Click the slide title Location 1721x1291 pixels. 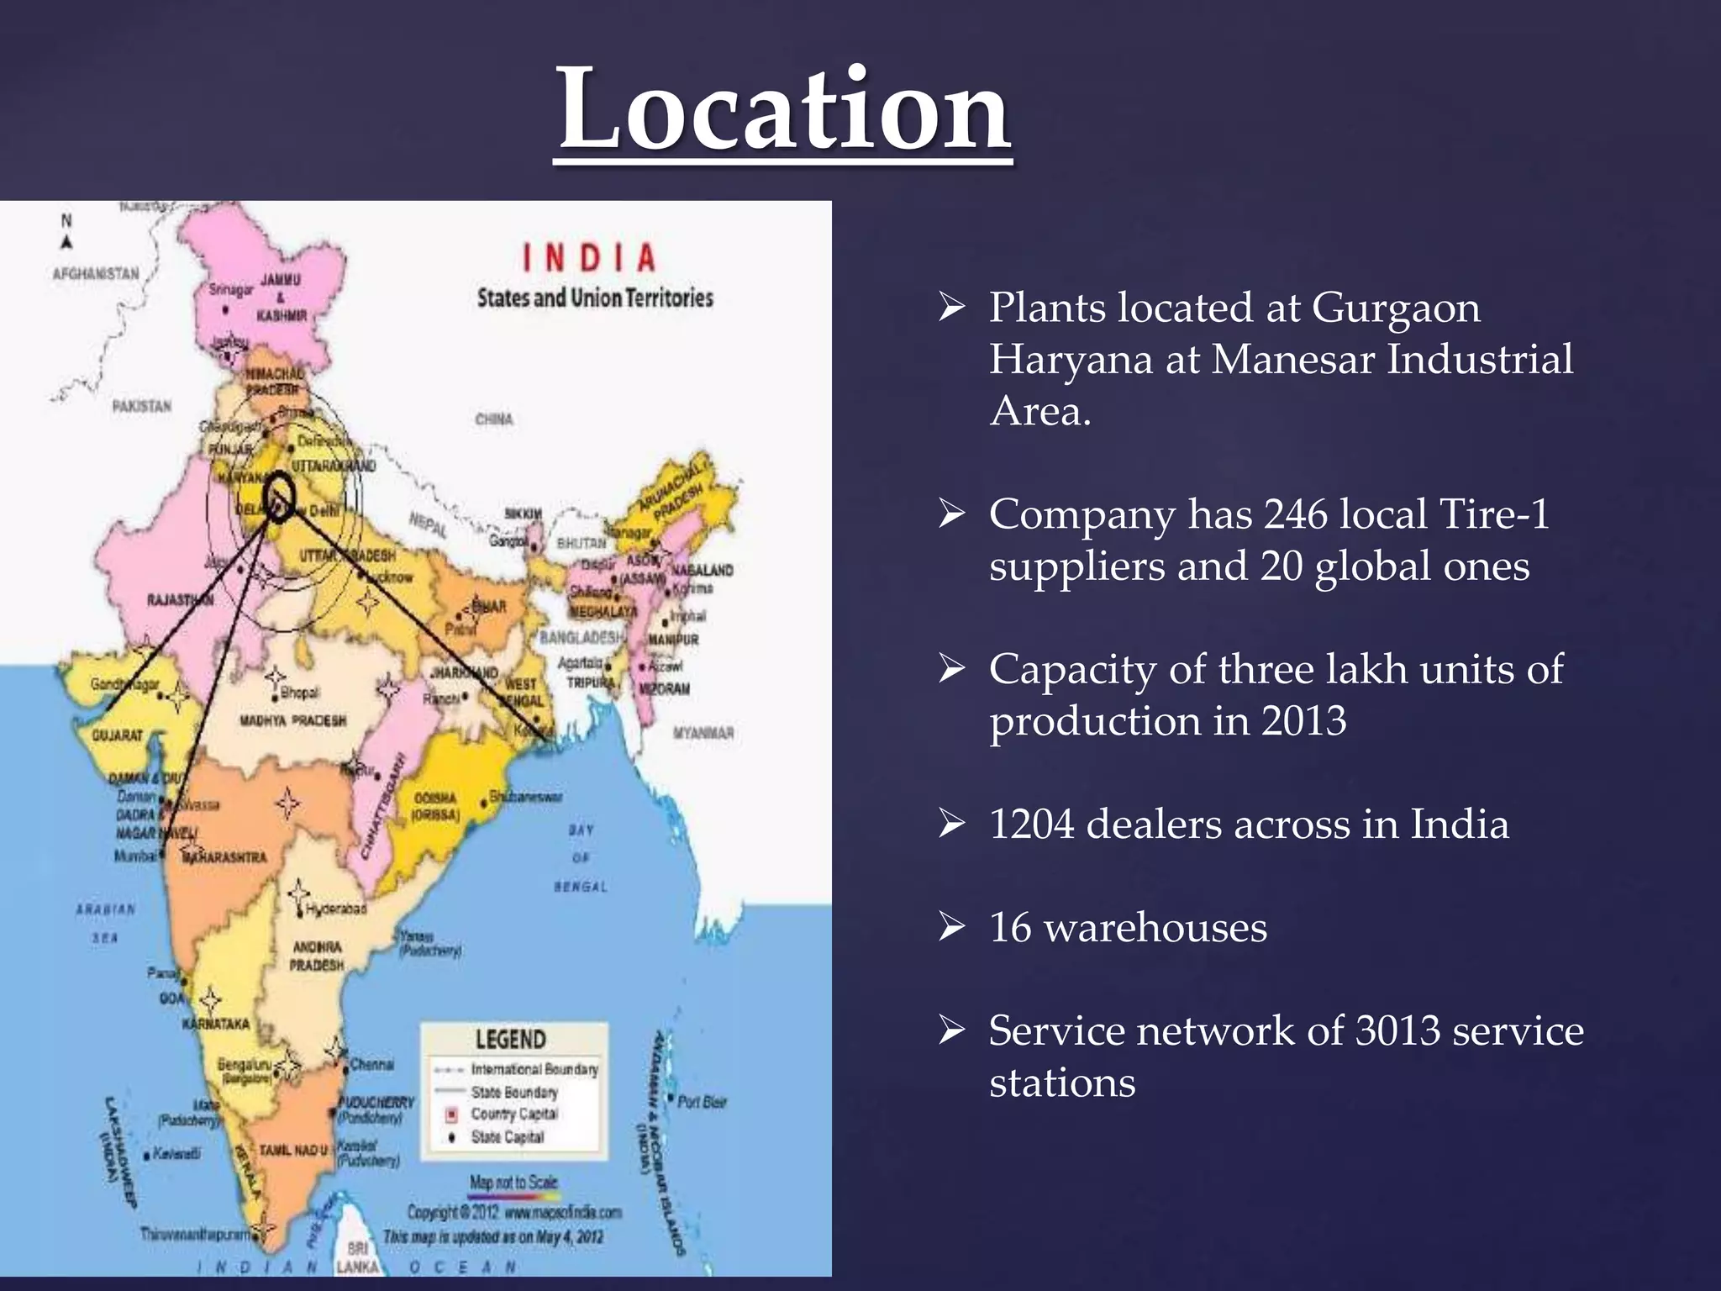(784, 109)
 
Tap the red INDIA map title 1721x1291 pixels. (589, 258)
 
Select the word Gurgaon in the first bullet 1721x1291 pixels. (1396, 308)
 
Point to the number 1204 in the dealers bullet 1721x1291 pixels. (1031, 825)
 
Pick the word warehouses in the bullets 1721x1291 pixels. (1155, 928)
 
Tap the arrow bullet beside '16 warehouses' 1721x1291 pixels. (952, 928)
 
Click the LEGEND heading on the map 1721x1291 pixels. (510, 1040)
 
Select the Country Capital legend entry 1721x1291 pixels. (513, 1114)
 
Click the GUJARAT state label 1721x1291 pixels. (117, 735)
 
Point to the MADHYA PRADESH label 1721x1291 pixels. (292, 721)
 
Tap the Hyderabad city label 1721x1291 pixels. (335, 909)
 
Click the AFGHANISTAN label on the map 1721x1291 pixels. (96, 274)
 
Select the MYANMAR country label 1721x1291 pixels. (703, 733)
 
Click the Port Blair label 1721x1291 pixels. (702, 1102)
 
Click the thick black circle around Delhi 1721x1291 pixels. (278, 498)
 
